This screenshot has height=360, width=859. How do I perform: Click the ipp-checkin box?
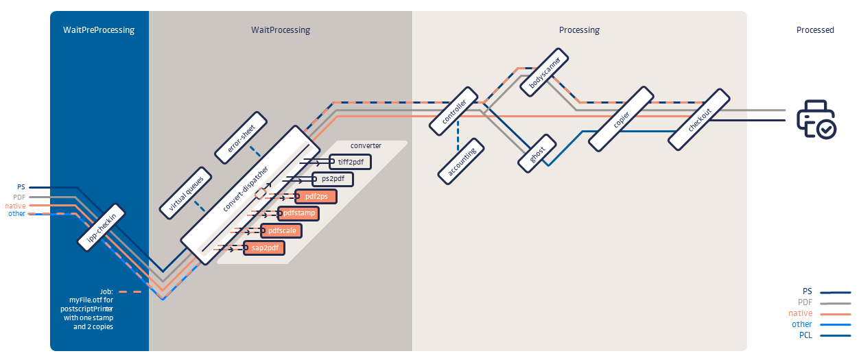click(x=102, y=227)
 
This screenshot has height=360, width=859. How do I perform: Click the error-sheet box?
click(x=237, y=138)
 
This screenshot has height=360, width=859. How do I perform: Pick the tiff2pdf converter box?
click(x=351, y=163)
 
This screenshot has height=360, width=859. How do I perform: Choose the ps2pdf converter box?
click(x=333, y=180)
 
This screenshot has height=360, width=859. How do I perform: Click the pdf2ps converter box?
click(x=316, y=197)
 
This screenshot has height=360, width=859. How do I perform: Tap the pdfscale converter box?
click(x=282, y=230)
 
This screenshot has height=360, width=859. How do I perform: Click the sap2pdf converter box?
click(x=264, y=248)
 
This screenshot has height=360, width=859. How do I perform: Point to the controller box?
click(x=454, y=110)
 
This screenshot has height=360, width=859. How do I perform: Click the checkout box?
click(x=700, y=119)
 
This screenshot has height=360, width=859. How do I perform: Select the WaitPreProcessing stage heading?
click(x=99, y=30)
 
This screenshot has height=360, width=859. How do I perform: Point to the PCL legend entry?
click(x=805, y=335)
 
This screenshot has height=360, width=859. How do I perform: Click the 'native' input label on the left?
click(x=15, y=205)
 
